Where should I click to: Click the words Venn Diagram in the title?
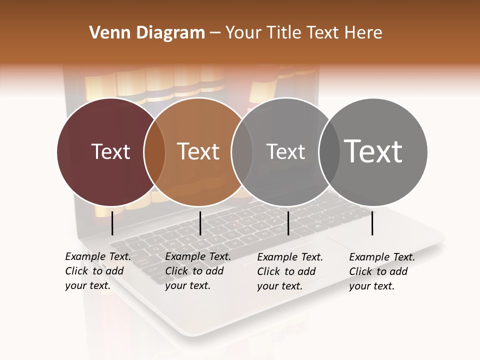[x=147, y=33]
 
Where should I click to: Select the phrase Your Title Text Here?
[x=303, y=33]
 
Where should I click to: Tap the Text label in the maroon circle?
[x=110, y=151]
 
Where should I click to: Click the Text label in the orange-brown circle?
[x=198, y=151]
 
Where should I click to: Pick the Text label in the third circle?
[x=285, y=151]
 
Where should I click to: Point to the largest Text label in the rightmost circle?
[x=373, y=151]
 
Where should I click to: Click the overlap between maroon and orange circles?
[x=154, y=152]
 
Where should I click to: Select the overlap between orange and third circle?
[x=241, y=152]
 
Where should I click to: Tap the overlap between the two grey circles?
[x=329, y=152]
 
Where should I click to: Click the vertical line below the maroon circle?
[x=112, y=223]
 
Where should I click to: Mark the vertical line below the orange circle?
[x=200, y=223]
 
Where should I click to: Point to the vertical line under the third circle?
[x=288, y=223]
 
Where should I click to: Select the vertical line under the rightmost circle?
[x=372, y=223]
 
